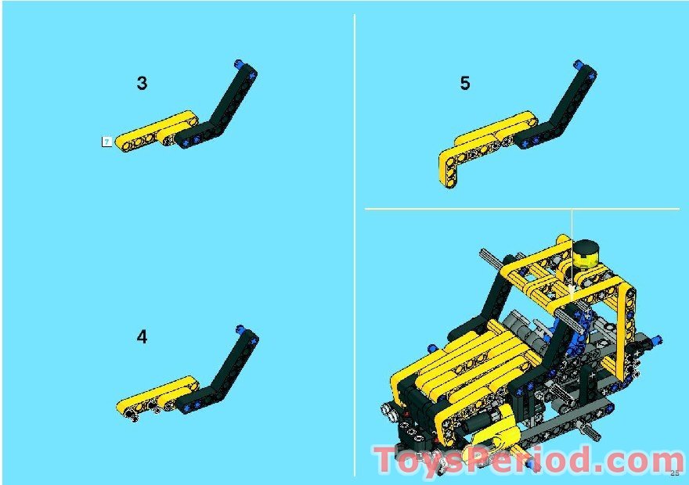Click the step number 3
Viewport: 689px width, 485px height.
[142, 84]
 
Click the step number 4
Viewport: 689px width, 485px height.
[142, 337]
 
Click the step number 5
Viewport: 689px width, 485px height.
[465, 84]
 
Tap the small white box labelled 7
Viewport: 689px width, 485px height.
[106, 142]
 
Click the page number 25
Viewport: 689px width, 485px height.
[675, 472]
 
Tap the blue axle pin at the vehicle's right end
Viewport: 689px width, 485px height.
[655, 340]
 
